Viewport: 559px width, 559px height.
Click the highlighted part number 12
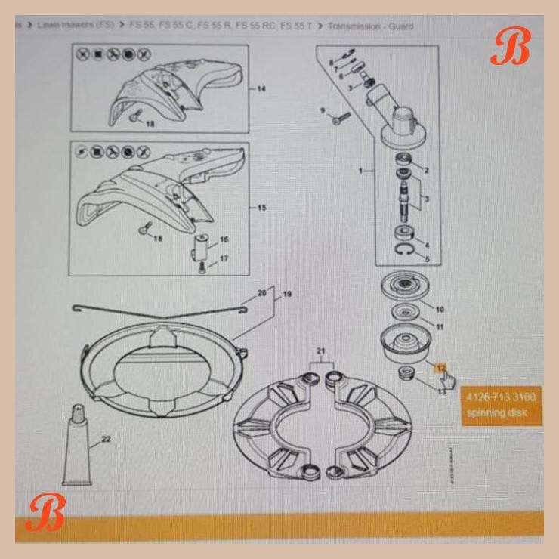click(440, 368)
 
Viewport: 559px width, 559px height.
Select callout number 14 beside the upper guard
click(261, 89)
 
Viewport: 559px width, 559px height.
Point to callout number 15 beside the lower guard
click(261, 208)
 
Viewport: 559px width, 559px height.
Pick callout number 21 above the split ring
click(320, 353)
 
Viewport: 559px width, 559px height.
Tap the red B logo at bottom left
click(45, 514)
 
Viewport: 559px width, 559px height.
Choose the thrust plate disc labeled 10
click(406, 289)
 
